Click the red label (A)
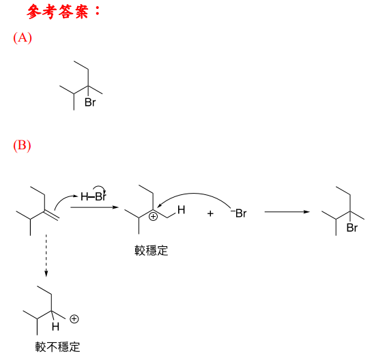click(23, 37)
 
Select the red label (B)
click(22, 145)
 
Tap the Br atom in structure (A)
click(90, 102)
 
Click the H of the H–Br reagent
click(85, 197)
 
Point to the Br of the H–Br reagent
click(100, 197)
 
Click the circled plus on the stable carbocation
click(154, 217)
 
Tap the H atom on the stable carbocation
click(181, 210)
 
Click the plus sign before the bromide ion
click(210, 213)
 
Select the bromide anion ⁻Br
click(238, 213)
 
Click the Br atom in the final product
click(352, 228)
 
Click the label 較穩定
click(152, 250)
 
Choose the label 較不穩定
click(57, 347)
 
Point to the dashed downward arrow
click(46, 255)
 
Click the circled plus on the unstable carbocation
click(74, 319)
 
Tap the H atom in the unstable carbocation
click(55, 327)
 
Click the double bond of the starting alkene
click(52, 215)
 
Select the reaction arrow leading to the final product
click(287, 212)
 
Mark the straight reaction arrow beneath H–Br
click(94, 207)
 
